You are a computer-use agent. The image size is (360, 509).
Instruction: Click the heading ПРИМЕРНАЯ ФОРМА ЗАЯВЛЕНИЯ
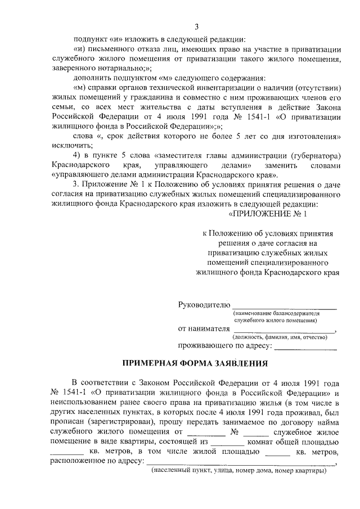(x=196, y=363)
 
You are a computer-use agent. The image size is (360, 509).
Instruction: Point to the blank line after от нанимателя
(x=285, y=330)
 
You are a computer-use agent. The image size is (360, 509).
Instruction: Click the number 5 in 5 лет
(x=237, y=136)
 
